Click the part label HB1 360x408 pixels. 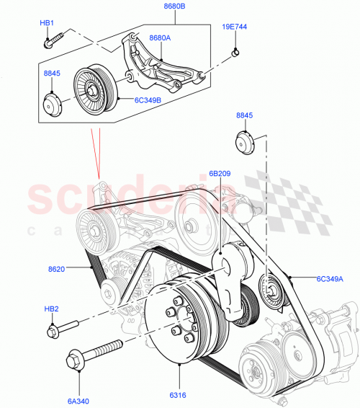tap(47, 23)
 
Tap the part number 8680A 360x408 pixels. tap(160, 37)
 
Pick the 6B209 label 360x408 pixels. tap(220, 173)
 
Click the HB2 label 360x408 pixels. tap(51, 309)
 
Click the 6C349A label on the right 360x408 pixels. tap(329, 279)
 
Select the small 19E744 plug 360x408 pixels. tap(235, 52)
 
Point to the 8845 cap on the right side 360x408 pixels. tap(243, 142)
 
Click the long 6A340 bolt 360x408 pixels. tap(94, 353)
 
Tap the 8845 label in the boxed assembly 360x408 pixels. tap(53, 73)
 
